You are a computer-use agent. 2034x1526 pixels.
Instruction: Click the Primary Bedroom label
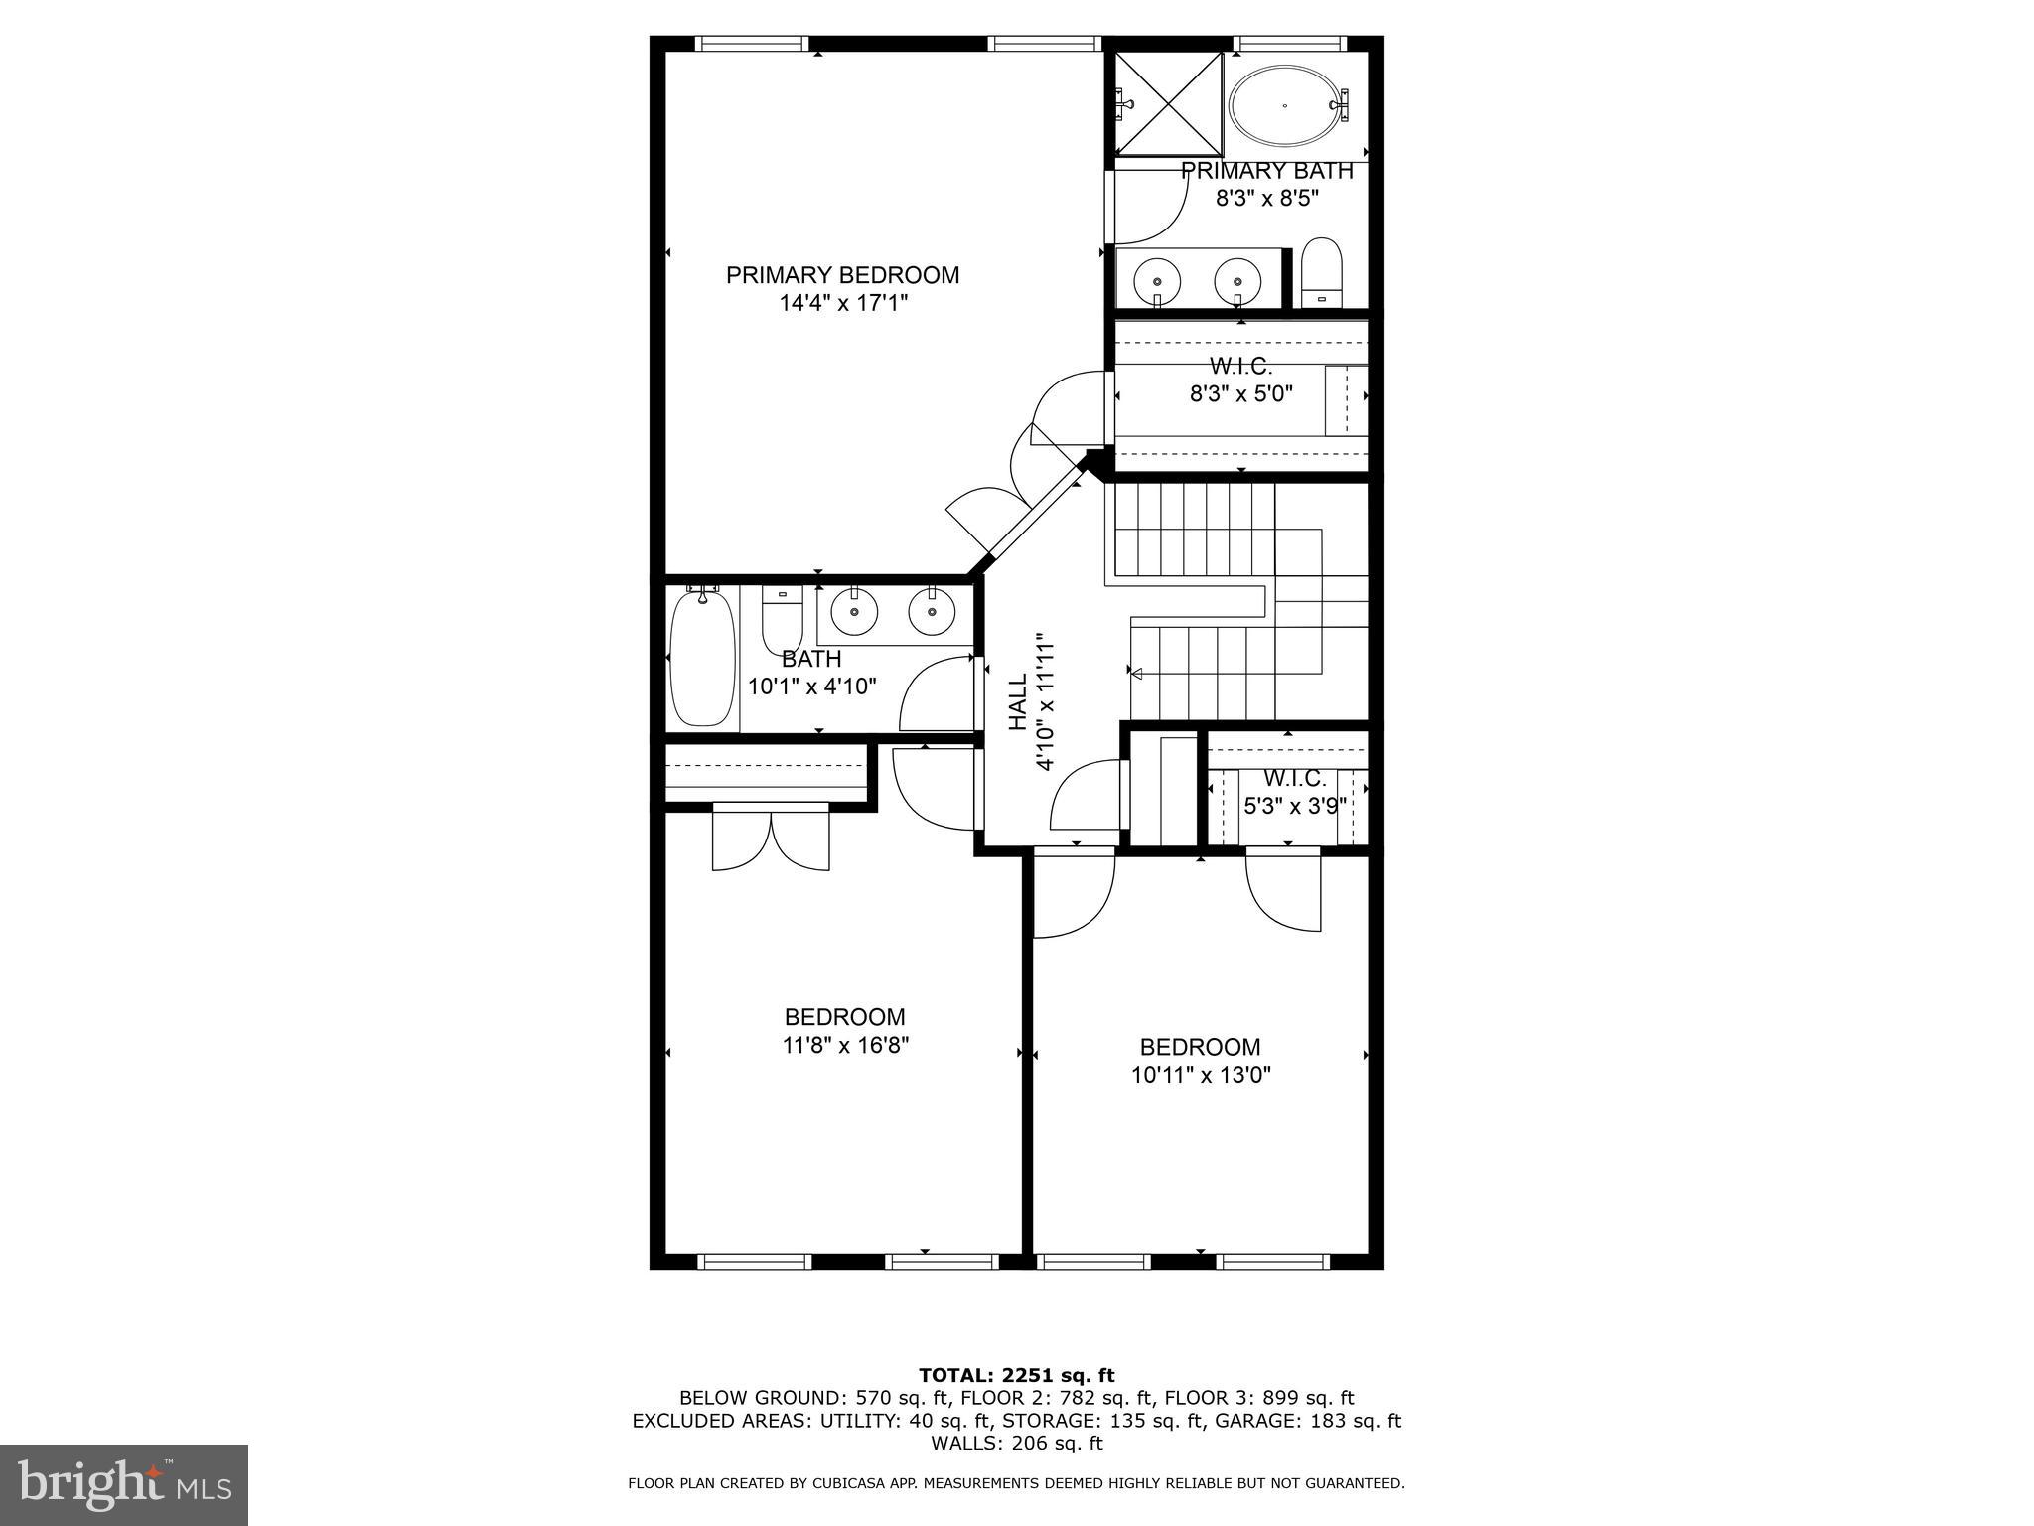coord(842,275)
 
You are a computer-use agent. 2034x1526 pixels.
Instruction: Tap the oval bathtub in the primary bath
coord(1284,104)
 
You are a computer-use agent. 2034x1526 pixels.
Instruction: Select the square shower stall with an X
coord(1167,103)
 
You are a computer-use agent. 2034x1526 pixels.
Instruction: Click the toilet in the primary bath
coord(1321,271)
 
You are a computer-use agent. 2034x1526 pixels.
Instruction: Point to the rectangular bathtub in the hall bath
coord(702,657)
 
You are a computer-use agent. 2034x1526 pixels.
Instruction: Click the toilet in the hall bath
coord(782,617)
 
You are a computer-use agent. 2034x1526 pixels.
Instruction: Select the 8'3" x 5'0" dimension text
coord(1241,393)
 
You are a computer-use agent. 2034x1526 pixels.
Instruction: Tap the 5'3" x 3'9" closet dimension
coord(1294,806)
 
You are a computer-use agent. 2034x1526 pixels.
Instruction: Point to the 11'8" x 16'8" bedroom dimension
coord(845,1045)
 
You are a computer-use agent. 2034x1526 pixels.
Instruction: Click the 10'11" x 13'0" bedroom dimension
coord(1201,1075)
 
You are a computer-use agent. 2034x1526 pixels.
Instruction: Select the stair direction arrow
coord(1137,674)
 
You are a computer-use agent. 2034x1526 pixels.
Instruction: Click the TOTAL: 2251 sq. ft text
coord(1016,1375)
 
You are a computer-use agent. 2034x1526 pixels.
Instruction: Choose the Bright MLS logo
coord(124,1483)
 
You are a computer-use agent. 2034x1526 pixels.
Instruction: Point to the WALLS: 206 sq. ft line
coord(1016,1444)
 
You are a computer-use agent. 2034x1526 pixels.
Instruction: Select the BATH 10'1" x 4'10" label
coord(811,673)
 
